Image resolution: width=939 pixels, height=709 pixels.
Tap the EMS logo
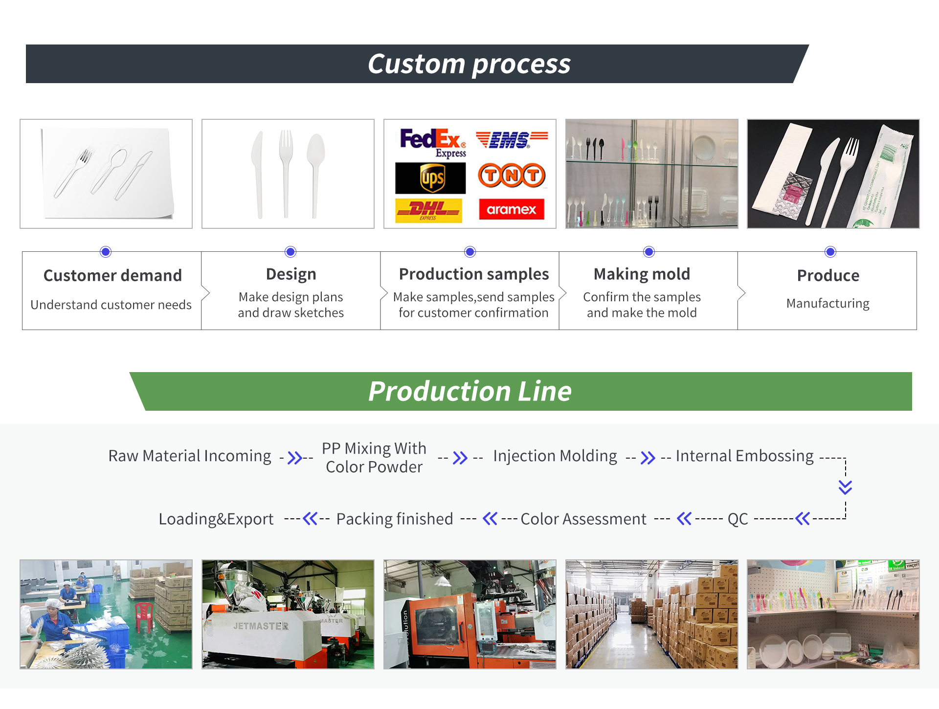click(x=512, y=139)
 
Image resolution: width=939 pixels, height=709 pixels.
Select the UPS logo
click(x=430, y=178)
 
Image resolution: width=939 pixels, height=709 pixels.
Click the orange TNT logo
click(x=512, y=175)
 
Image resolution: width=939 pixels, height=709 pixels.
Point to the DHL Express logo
click(x=428, y=211)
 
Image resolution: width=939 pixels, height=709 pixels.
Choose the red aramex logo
click(x=512, y=209)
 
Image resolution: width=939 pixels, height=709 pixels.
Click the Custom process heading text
click(x=469, y=64)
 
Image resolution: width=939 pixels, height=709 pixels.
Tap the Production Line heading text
click(x=470, y=391)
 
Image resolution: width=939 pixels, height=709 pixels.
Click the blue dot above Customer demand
click(x=106, y=252)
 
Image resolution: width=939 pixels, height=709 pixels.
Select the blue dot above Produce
click(x=830, y=252)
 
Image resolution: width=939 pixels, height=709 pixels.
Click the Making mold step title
click(x=642, y=274)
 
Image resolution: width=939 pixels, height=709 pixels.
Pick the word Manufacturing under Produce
click(x=828, y=304)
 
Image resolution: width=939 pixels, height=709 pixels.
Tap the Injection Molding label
click(x=555, y=456)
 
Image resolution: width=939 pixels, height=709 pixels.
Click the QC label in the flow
click(x=738, y=519)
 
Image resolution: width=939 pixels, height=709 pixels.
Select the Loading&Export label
click(x=216, y=519)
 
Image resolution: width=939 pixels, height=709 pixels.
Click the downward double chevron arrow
click(x=846, y=487)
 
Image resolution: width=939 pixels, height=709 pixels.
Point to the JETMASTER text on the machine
click(x=261, y=626)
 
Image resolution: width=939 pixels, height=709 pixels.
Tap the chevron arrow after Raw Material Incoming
click(x=294, y=458)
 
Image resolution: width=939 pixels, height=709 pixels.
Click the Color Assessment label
click(x=583, y=519)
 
